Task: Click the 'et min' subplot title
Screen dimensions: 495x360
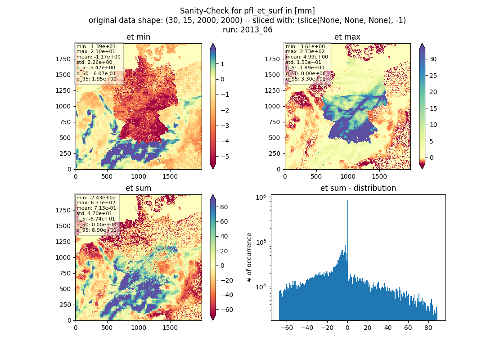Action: coord(138,37)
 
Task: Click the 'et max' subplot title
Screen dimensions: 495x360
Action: coord(347,37)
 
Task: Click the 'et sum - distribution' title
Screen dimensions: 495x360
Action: coord(358,188)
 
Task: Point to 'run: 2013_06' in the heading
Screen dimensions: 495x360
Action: coord(247,30)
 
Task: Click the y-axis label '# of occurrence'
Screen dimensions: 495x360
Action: coord(249,258)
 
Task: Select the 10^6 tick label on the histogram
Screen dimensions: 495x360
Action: coord(261,198)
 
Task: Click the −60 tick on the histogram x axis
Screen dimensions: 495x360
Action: coord(287,328)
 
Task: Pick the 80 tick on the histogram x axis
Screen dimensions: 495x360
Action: coord(428,328)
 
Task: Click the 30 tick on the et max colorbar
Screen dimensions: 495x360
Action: coord(433,59)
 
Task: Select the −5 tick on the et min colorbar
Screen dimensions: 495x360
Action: coord(225,157)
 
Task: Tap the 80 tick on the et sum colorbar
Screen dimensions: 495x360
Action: coord(224,207)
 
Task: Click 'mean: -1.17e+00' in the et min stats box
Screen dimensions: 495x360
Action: coord(98,57)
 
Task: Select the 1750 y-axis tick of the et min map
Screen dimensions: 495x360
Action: coord(63,59)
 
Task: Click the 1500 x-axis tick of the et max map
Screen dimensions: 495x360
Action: coord(379,176)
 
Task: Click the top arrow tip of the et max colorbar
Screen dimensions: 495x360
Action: coord(422,44)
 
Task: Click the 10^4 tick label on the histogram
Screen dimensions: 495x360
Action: coord(261,287)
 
